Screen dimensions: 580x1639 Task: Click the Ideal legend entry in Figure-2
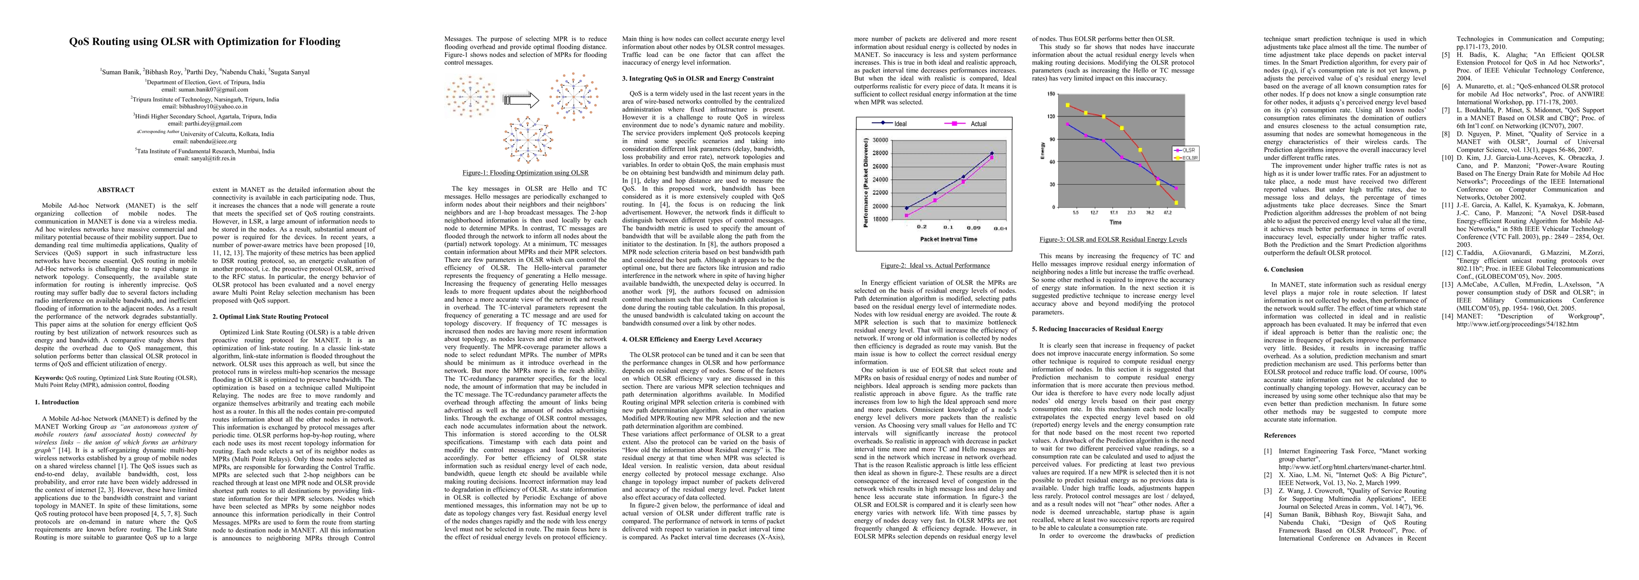tap(900, 124)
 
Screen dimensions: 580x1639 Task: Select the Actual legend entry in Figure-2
tap(978, 124)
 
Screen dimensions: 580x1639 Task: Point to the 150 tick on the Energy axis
tap(1050, 94)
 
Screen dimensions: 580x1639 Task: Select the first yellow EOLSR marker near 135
tap(1068, 105)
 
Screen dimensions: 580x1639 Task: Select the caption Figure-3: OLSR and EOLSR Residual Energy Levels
tap(1113, 239)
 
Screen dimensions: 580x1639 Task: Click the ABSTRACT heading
tap(116, 190)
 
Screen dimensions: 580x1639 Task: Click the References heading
tap(1280, 435)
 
